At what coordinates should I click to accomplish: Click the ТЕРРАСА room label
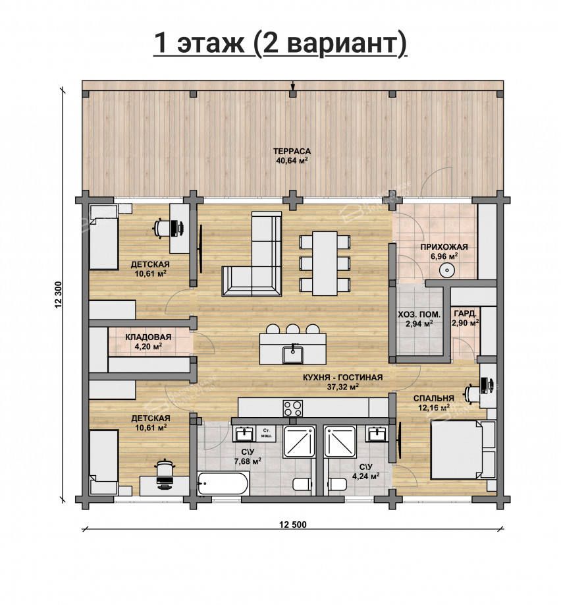pos(292,152)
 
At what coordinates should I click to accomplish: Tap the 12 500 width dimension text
pos(293,525)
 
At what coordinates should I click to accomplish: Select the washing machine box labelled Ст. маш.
pos(265,433)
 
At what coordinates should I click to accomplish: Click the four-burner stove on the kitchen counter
pos(293,408)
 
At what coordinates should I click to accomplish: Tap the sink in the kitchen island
pos(293,354)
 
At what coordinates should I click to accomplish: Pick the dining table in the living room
pos(325,263)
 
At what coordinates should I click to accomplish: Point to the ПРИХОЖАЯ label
pos(444,247)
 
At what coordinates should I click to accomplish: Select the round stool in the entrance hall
pos(447,270)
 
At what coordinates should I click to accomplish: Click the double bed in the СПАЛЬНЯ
pos(456,450)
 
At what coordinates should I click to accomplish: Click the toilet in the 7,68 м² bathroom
pos(302,484)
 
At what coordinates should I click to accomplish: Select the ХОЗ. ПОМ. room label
pos(419,314)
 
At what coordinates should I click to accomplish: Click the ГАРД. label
pos(466,313)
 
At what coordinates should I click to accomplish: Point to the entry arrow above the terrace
pos(292,86)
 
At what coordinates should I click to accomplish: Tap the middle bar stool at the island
pos(292,328)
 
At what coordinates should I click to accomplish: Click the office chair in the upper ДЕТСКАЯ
pos(162,227)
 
